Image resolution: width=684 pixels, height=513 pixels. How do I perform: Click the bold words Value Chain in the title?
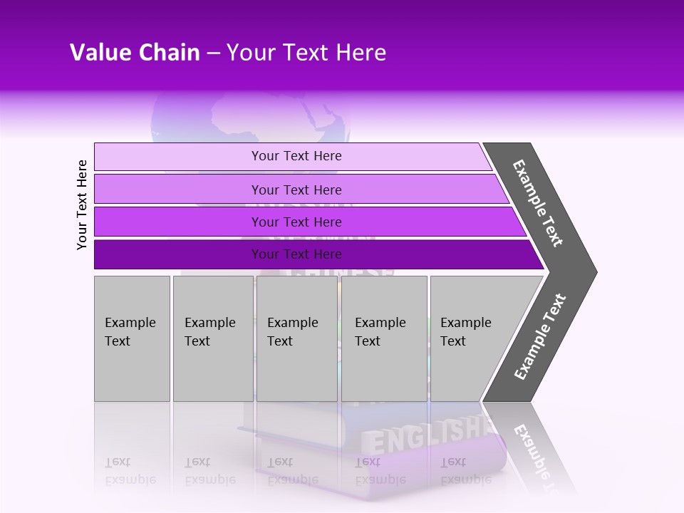pyautogui.click(x=135, y=53)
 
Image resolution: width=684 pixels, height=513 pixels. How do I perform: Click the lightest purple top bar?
pyautogui.click(x=178, y=157)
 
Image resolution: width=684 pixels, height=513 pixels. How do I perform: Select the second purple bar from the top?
pyautogui.click(x=178, y=190)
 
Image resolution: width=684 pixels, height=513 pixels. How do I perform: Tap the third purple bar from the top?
pyautogui.click(x=178, y=222)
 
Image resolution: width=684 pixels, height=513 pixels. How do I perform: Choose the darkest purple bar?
pyautogui.click(x=178, y=254)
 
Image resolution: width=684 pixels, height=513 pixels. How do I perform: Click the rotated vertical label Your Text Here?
pyautogui.click(x=82, y=204)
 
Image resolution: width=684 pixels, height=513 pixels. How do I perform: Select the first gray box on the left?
pyautogui.click(x=132, y=338)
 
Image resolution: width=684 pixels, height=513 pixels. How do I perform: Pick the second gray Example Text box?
pyautogui.click(x=212, y=338)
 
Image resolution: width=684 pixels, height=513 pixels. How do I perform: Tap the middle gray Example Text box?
pyautogui.click(x=296, y=338)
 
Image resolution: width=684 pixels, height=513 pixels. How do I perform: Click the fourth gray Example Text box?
pyautogui.click(x=383, y=338)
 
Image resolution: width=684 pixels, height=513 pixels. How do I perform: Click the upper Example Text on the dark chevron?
pyautogui.click(x=538, y=203)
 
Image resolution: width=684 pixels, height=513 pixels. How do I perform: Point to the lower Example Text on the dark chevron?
pyautogui.click(x=540, y=337)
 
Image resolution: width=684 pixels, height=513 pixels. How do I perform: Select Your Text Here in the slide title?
pyautogui.click(x=306, y=53)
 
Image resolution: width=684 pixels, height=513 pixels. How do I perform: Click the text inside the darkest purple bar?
pyautogui.click(x=296, y=254)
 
